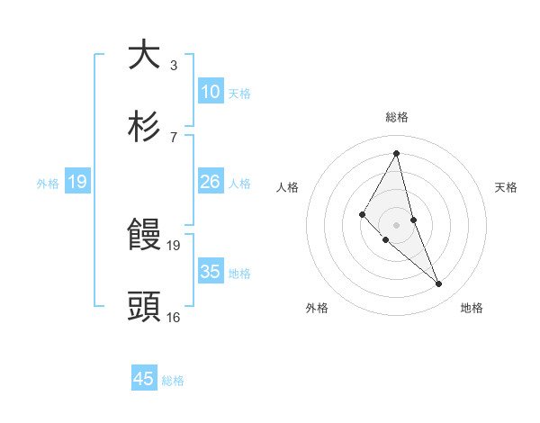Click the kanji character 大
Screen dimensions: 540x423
coord(145,55)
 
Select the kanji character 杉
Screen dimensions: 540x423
coord(145,127)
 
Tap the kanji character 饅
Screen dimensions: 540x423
coord(145,236)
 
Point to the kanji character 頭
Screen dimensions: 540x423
coord(145,307)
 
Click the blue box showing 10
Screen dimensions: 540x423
coord(211,92)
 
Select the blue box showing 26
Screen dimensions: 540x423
coord(211,182)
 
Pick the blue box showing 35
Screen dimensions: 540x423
coord(211,272)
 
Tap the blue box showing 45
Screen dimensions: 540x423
coord(144,379)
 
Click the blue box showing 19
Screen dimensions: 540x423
coord(77,182)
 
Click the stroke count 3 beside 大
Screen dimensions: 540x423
coord(174,66)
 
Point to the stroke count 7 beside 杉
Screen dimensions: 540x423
coord(174,137)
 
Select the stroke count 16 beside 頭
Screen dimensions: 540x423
coord(174,317)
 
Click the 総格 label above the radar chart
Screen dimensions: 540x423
coord(397,117)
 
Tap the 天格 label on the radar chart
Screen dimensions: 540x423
coord(507,187)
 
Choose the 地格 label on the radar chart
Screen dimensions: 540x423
coord(472,308)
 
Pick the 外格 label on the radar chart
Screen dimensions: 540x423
coord(316,308)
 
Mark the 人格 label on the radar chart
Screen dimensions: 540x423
coord(287,187)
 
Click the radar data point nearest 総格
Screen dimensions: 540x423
coord(397,153)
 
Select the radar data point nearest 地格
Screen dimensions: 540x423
coord(439,284)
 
